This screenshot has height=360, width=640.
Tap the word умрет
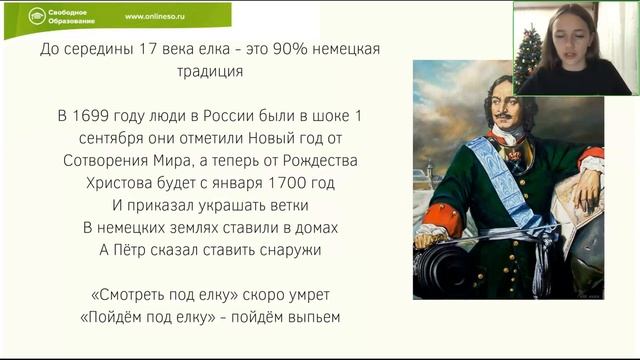pos(302,295)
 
